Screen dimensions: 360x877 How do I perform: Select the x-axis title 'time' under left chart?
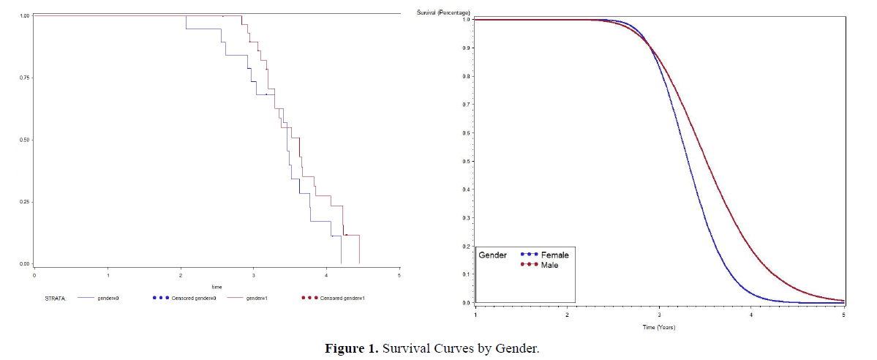pos(217,287)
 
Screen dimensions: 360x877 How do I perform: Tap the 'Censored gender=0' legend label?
pos(194,299)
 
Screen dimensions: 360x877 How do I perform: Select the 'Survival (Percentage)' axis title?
pos(443,12)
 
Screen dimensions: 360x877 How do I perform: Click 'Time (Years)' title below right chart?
pos(658,326)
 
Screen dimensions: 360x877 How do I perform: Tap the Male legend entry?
pos(551,264)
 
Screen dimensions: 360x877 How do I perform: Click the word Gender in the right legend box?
pos(492,255)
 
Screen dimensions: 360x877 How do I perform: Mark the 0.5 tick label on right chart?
pos(467,162)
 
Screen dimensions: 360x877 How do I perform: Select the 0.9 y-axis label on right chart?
pos(467,48)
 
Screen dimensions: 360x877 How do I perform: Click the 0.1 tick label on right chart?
pos(467,275)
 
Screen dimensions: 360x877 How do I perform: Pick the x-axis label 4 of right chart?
pos(751,314)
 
